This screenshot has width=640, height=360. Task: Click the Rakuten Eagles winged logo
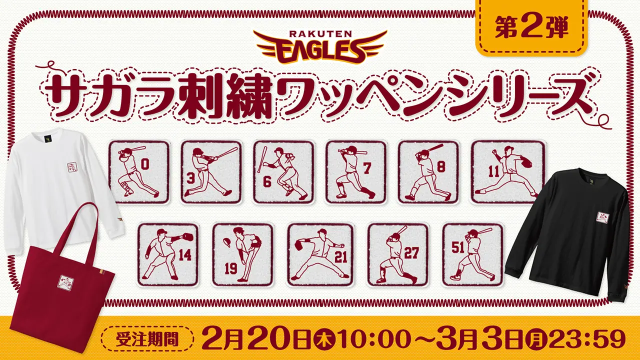point(320,47)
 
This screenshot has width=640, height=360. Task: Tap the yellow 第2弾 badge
point(531,28)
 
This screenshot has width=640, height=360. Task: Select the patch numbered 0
point(139,172)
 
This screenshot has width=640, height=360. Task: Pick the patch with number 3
point(211,172)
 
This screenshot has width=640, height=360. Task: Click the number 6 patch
point(283,172)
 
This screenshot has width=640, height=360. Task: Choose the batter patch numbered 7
point(356,172)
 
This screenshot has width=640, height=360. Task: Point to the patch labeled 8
point(428,172)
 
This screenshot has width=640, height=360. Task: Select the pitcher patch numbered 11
point(508,172)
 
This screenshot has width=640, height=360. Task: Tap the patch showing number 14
point(168,255)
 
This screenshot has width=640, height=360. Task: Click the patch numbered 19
point(243,255)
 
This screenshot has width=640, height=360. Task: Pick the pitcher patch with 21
point(320,255)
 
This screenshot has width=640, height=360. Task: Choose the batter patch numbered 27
point(398,255)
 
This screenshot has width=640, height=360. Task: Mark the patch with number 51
point(473,255)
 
